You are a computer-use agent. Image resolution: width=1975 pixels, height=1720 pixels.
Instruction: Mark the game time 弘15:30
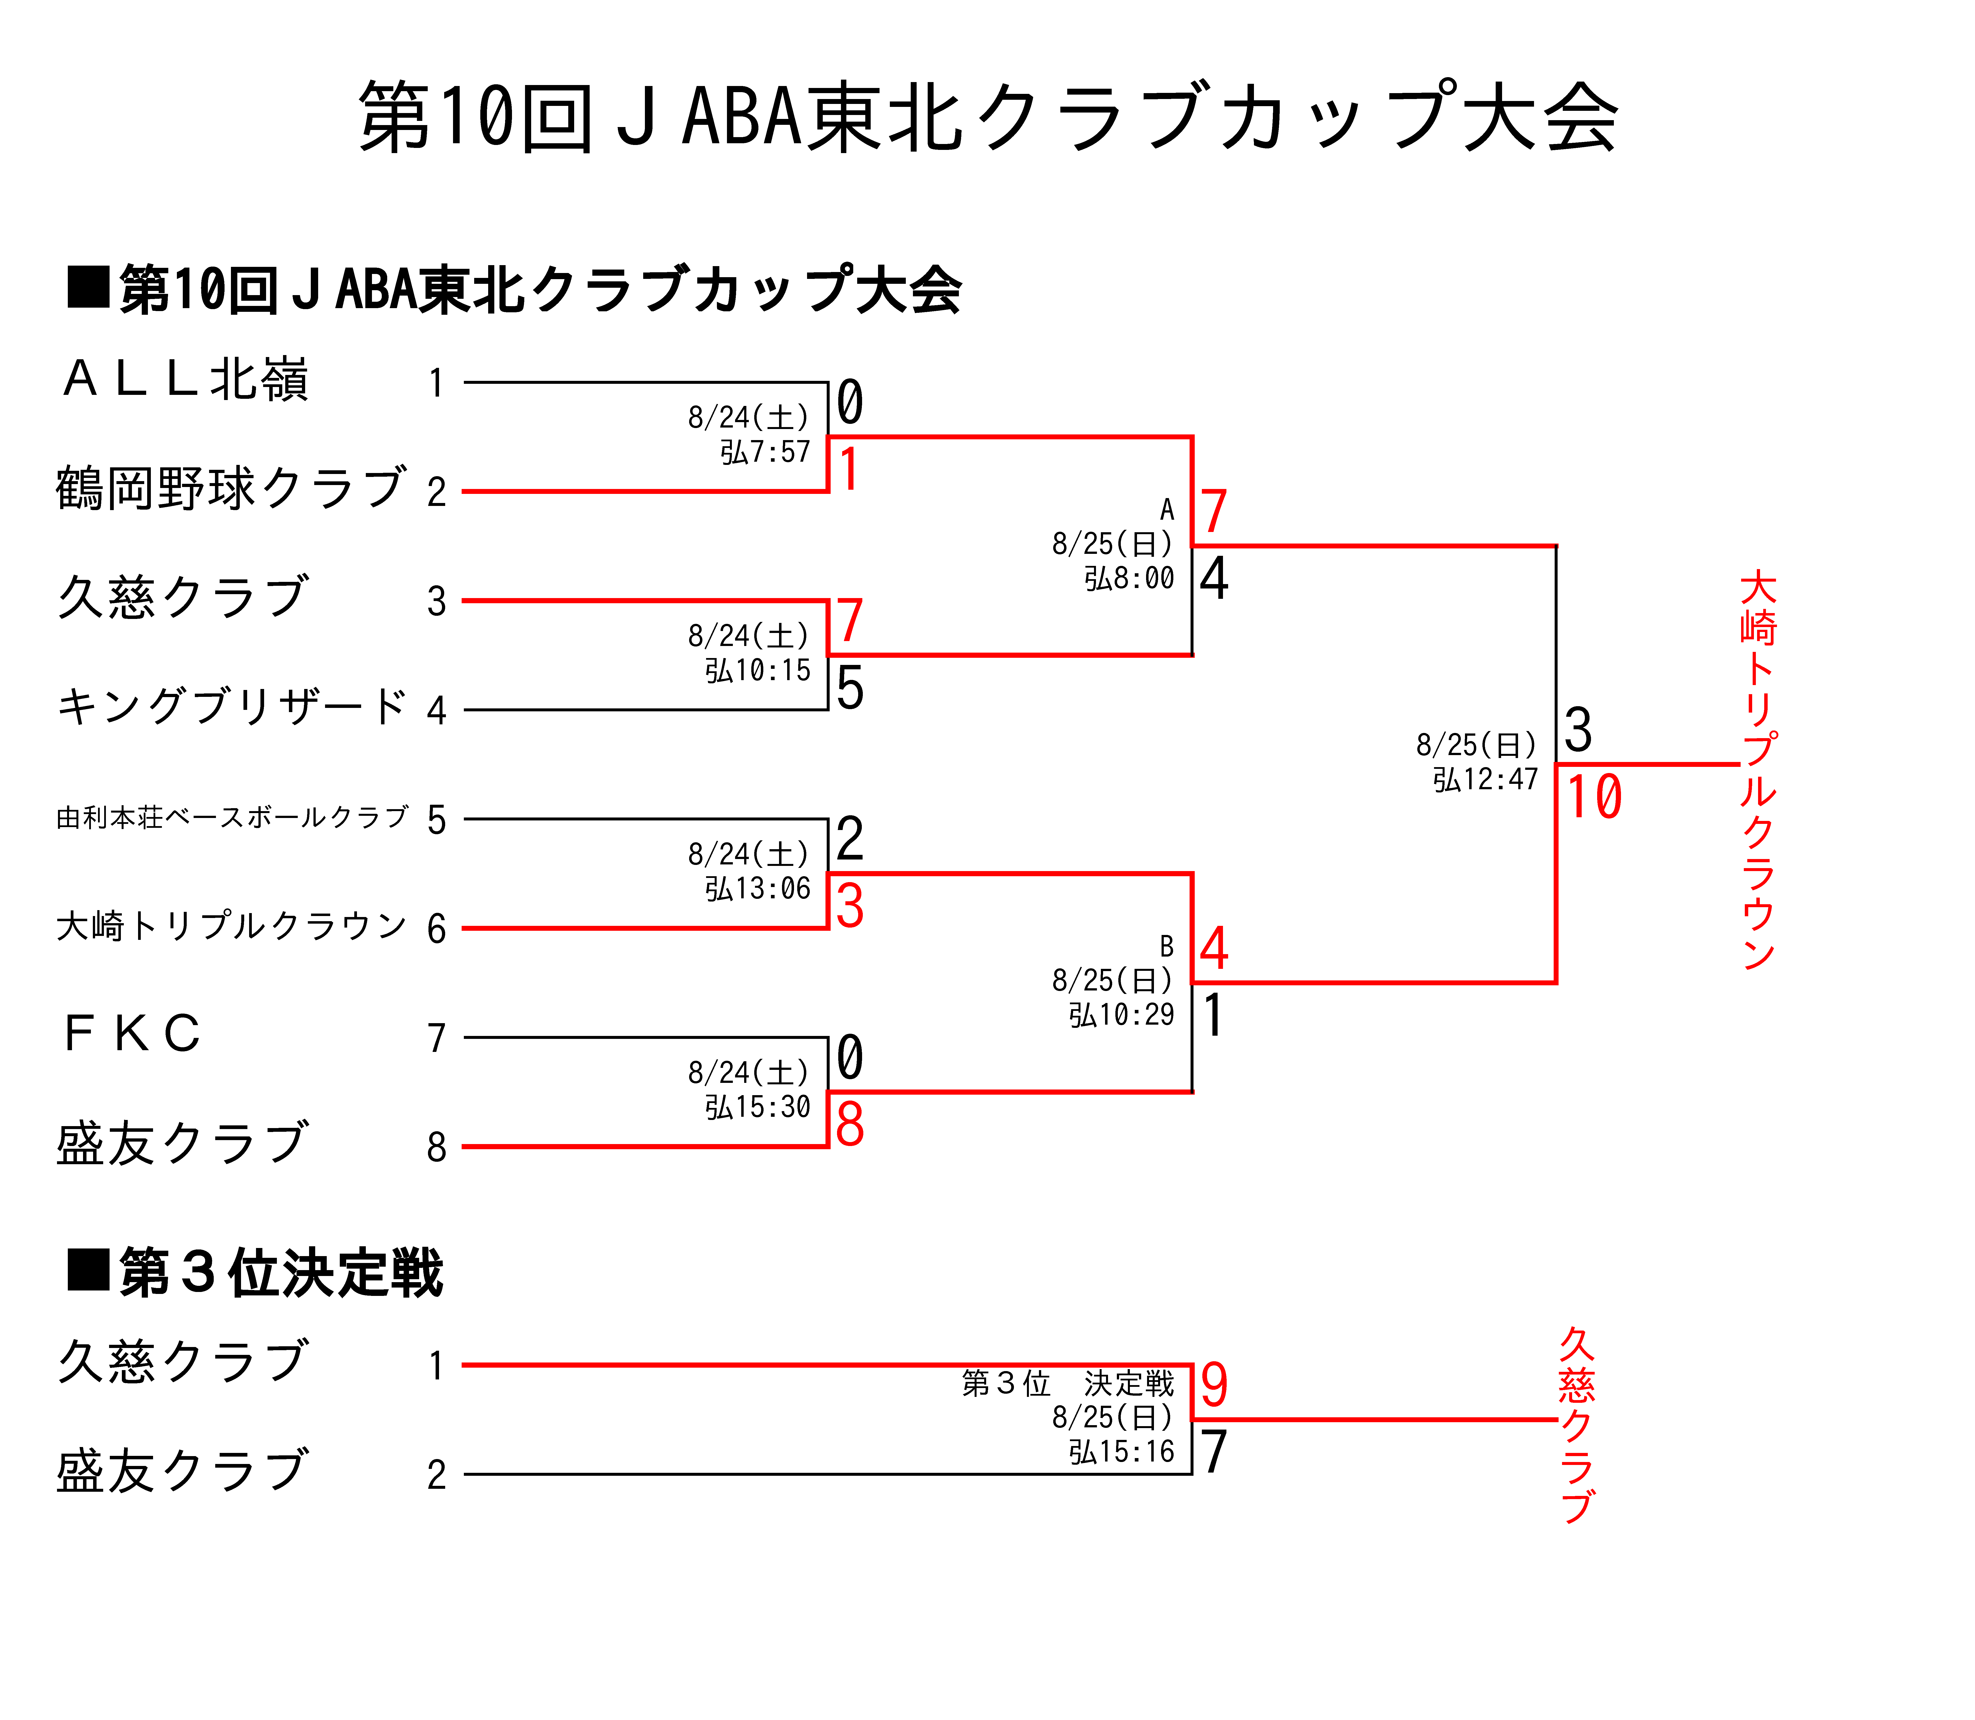point(758,1107)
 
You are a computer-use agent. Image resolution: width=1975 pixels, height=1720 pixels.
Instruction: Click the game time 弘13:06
point(758,889)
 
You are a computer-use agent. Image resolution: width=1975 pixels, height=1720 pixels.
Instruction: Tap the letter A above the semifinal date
point(1167,510)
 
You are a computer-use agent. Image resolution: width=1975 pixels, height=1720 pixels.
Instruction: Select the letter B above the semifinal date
point(1167,946)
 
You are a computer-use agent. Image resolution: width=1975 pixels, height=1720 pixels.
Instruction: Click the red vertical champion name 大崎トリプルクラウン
point(1758,770)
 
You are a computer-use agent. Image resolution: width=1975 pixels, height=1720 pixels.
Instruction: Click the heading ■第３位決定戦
point(255,1273)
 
